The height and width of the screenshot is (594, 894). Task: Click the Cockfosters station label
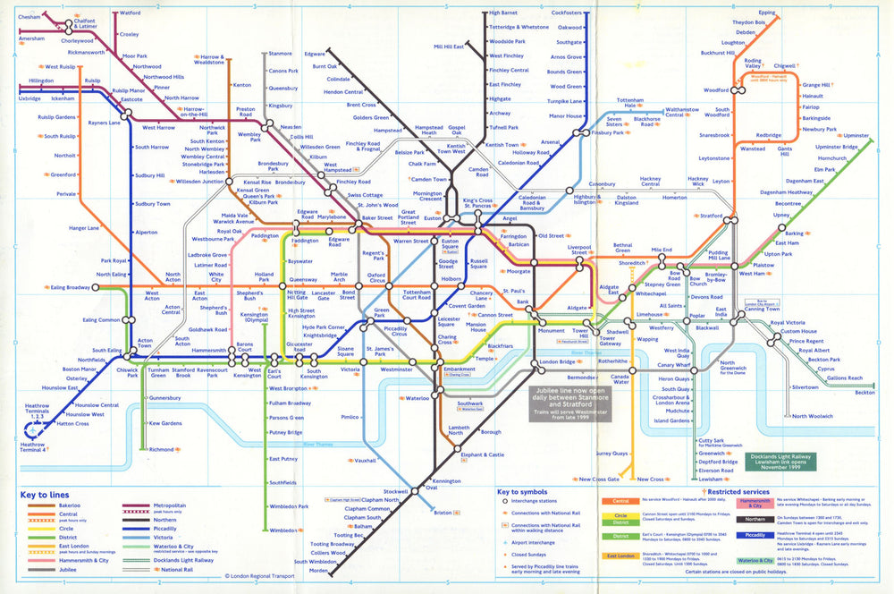click(x=567, y=13)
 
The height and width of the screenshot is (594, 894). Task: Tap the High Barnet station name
click(x=503, y=13)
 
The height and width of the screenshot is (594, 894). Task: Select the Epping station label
click(x=766, y=13)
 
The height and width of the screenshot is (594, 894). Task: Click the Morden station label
click(x=318, y=570)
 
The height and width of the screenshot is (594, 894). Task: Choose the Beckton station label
click(x=864, y=392)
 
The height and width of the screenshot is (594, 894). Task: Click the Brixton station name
click(x=442, y=513)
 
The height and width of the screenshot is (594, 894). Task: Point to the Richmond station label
click(x=161, y=449)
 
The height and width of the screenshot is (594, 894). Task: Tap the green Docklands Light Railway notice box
click(x=780, y=461)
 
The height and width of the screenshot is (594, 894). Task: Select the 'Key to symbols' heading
click(x=527, y=492)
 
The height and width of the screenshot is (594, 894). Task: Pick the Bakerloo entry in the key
click(x=70, y=506)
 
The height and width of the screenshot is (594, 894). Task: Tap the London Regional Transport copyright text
click(x=261, y=577)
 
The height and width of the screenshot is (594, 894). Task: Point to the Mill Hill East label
click(x=449, y=47)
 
